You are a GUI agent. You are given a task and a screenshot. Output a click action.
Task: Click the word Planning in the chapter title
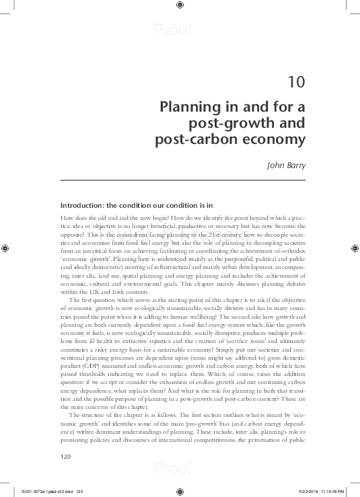[188, 107]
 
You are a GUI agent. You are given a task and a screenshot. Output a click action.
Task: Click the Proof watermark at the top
[173, 30]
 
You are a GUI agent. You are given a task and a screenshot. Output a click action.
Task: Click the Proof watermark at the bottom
[173, 469]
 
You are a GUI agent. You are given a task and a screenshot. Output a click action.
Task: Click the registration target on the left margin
[6, 247]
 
